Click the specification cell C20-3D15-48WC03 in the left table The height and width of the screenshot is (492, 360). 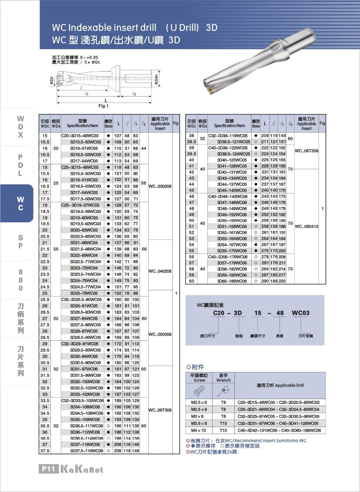click(80, 136)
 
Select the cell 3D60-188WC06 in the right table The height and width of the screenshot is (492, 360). click(232, 281)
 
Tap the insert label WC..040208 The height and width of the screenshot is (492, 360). click(160, 271)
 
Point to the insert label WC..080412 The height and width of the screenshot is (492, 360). click(306, 227)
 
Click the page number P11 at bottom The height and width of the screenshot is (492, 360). click(48, 469)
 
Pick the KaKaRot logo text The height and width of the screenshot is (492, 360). click(82, 469)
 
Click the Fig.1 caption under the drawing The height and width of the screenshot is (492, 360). click(103, 106)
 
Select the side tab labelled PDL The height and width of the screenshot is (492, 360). click(21, 165)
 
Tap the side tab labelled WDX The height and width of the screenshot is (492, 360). click(21, 127)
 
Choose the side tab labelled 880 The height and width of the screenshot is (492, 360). click(21, 280)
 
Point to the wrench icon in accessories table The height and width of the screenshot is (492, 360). click(224, 391)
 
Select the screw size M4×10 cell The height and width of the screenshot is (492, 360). click(199, 430)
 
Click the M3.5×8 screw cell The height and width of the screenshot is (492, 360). click(199, 424)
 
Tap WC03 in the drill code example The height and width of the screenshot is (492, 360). click(301, 313)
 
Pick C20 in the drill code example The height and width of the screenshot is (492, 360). click(219, 313)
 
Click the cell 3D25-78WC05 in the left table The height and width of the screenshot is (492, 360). click(84, 293)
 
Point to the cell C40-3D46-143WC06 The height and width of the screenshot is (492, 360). click(228, 196)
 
